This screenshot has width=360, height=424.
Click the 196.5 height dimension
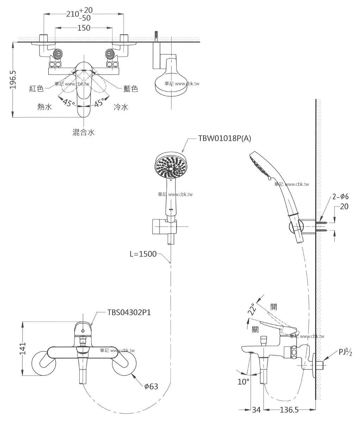pos(13,80)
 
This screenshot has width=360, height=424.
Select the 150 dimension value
pos(84,28)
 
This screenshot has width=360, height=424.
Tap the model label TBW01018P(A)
pos(225,139)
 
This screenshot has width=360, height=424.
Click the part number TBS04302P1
pos(129,312)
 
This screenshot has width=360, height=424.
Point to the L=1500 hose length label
pos(143,254)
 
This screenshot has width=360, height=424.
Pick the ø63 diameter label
pos(151,386)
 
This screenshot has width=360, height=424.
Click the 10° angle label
pos(243,382)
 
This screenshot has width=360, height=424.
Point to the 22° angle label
pos(252,309)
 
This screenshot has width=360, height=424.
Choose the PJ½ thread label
pos(345,352)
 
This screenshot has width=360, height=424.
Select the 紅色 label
pos(37,89)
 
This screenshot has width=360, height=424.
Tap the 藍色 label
pos(131,89)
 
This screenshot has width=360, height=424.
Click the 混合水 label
pos(84,132)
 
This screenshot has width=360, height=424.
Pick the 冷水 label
pos(121,107)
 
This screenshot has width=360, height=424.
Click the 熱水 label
pos(45,107)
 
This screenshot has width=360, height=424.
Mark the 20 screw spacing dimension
pos(345,207)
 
